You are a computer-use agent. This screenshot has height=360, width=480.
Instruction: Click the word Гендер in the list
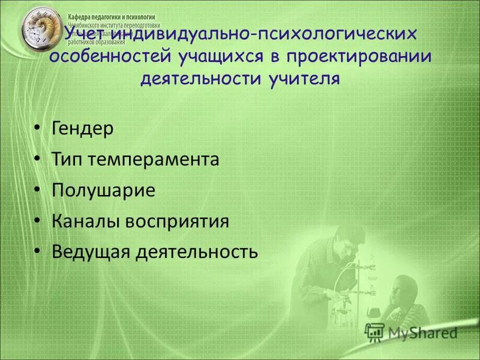(82, 129)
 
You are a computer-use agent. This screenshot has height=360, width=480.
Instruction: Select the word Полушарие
(104, 191)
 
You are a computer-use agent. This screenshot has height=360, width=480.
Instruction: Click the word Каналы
(86, 221)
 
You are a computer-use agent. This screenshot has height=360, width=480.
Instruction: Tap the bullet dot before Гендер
(37, 129)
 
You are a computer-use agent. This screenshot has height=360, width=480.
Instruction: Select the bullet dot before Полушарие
(37, 190)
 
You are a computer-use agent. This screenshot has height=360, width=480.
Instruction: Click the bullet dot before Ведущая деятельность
(37, 251)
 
